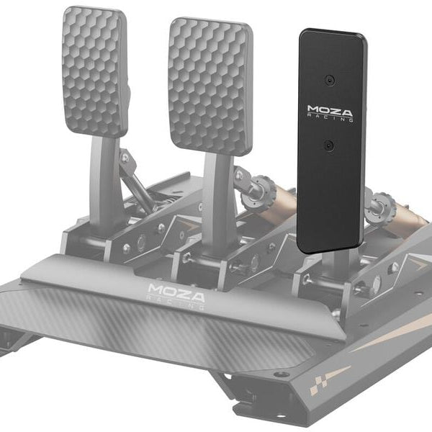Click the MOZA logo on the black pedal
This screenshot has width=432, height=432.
tap(330, 112)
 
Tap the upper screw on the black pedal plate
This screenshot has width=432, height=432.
tap(330, 79)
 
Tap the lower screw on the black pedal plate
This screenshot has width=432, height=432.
tap(328, 145)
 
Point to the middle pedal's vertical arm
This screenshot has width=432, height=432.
tap(215, 194)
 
